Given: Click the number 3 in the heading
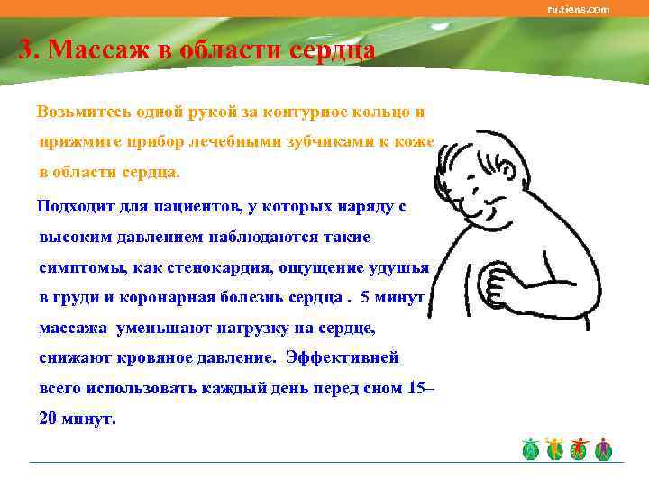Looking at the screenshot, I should [x=26, y=49].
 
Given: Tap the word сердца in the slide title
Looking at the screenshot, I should [x=330, y=49].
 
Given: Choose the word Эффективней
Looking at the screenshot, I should [x=342, y=357].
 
